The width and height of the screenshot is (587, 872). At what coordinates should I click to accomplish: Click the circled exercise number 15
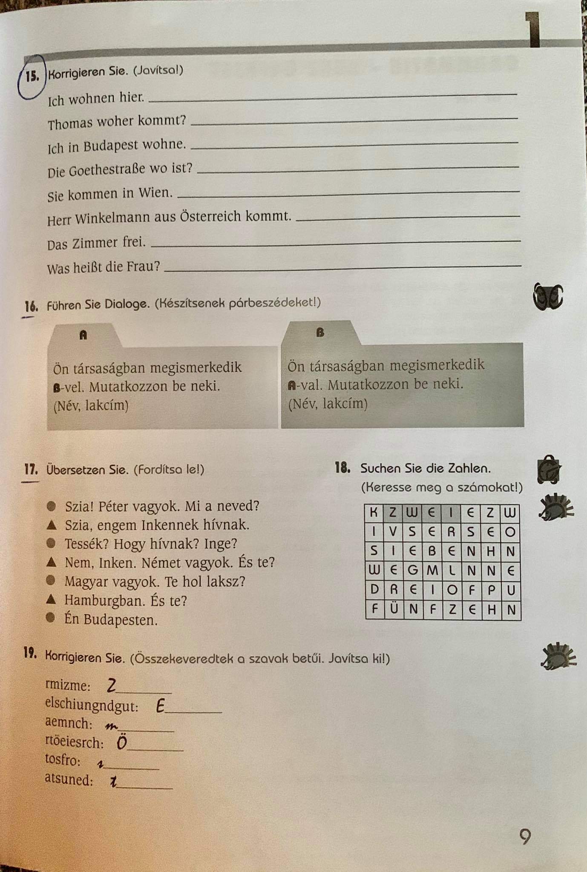click(32, 76)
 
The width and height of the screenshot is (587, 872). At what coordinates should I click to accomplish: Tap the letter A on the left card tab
click(83, 335)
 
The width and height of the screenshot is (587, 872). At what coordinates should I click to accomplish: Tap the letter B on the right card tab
click(320, 333)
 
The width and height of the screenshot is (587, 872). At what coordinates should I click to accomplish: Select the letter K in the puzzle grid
click(374, 512)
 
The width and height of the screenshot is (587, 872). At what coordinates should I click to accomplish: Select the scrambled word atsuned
click(69, 780)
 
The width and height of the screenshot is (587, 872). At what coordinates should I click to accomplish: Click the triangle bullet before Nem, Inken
click(51, 562)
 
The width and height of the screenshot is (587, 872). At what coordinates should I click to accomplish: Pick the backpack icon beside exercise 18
click(548, 470)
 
